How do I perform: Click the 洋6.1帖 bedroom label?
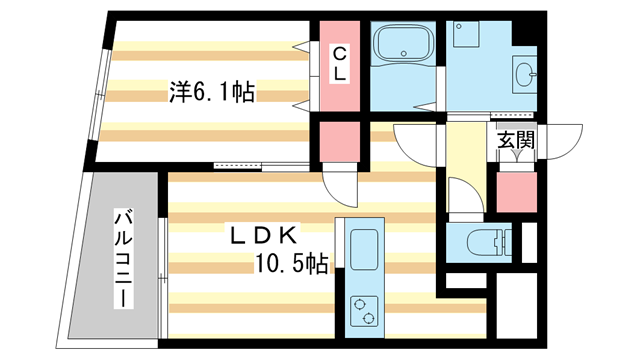(210, 93)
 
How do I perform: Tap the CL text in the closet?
(340, 63)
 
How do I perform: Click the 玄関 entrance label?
(516, 141)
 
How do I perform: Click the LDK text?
(262, 235)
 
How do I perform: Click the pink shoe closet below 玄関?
(516, 190)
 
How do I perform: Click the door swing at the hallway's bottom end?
(462, 195)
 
